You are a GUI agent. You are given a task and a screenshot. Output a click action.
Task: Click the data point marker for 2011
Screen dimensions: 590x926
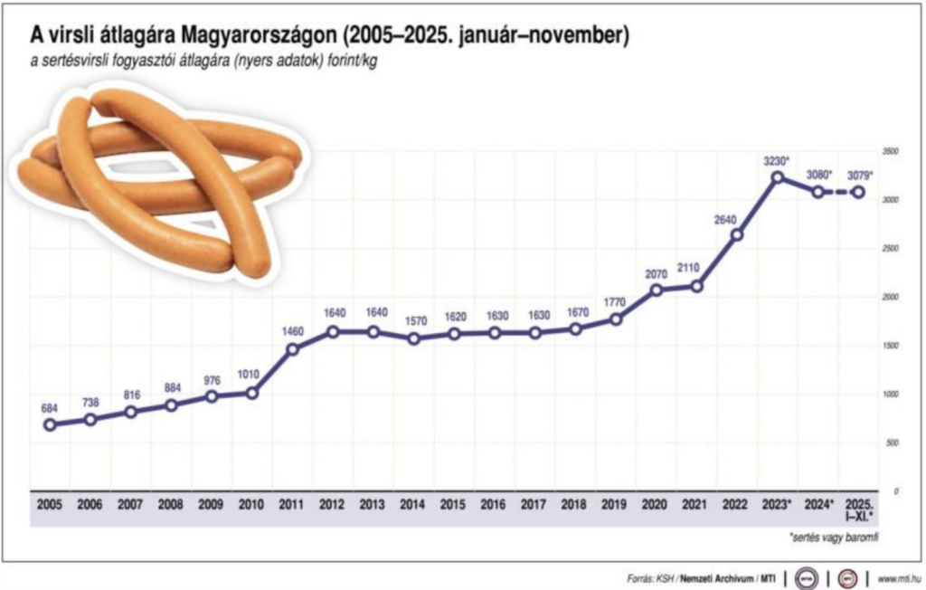click(292, 349)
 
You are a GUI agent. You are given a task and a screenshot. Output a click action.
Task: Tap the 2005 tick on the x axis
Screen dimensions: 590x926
click(50, 505)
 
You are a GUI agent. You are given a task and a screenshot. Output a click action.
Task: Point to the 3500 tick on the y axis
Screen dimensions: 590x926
click(890, 152)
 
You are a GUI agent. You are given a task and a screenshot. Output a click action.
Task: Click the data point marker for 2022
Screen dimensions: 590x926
click(737, 235)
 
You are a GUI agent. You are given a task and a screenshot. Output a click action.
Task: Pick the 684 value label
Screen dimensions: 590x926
click(50, 408)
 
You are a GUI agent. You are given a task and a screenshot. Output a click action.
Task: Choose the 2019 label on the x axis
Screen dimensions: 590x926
click(615, 505)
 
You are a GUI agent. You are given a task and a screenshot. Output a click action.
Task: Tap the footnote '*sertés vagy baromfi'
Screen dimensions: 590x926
click(833, 538)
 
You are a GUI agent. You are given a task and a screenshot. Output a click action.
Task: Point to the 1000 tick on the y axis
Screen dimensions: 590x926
click(890, 395)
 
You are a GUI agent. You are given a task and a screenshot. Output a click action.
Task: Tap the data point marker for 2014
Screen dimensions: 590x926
click(413, 338)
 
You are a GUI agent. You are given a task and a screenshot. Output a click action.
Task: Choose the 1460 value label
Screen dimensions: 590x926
click(292, 332)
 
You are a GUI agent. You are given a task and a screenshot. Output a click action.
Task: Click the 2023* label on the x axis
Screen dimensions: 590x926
click(777, 505)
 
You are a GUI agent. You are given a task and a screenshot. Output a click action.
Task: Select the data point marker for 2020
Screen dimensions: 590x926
click(656, 290)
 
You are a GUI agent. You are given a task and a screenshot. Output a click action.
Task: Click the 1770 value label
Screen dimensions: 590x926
click(615, 302)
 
